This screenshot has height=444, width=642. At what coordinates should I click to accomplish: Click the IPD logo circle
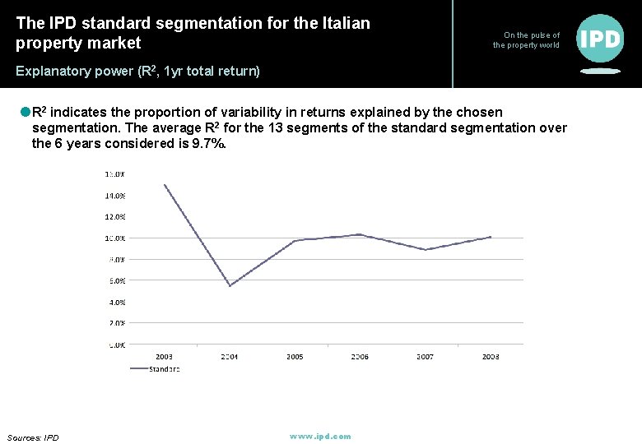(600, 38)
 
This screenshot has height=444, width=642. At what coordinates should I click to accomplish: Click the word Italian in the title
(339, 23)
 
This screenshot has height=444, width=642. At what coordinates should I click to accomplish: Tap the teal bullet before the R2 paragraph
(25, 112)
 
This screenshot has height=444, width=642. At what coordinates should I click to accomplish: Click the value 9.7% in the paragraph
(207, 143)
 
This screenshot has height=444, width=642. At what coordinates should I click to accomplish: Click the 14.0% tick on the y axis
(114, 196)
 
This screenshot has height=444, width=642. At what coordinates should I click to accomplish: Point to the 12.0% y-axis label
(114, 217)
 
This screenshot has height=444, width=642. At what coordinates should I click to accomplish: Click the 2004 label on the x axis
(229, 357)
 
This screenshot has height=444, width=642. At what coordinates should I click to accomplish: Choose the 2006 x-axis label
(360, 357)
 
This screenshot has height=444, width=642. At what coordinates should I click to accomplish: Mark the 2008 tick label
(491, 357)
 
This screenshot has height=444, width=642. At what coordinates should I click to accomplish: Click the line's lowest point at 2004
(230, 285)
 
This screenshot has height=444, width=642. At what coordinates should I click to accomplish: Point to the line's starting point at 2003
(165, 185)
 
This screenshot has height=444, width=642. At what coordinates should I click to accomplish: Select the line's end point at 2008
(491, 237)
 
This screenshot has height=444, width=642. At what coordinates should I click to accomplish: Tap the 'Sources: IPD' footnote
(33, 437)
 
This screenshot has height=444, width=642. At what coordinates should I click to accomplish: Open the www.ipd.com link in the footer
(320, 437)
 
